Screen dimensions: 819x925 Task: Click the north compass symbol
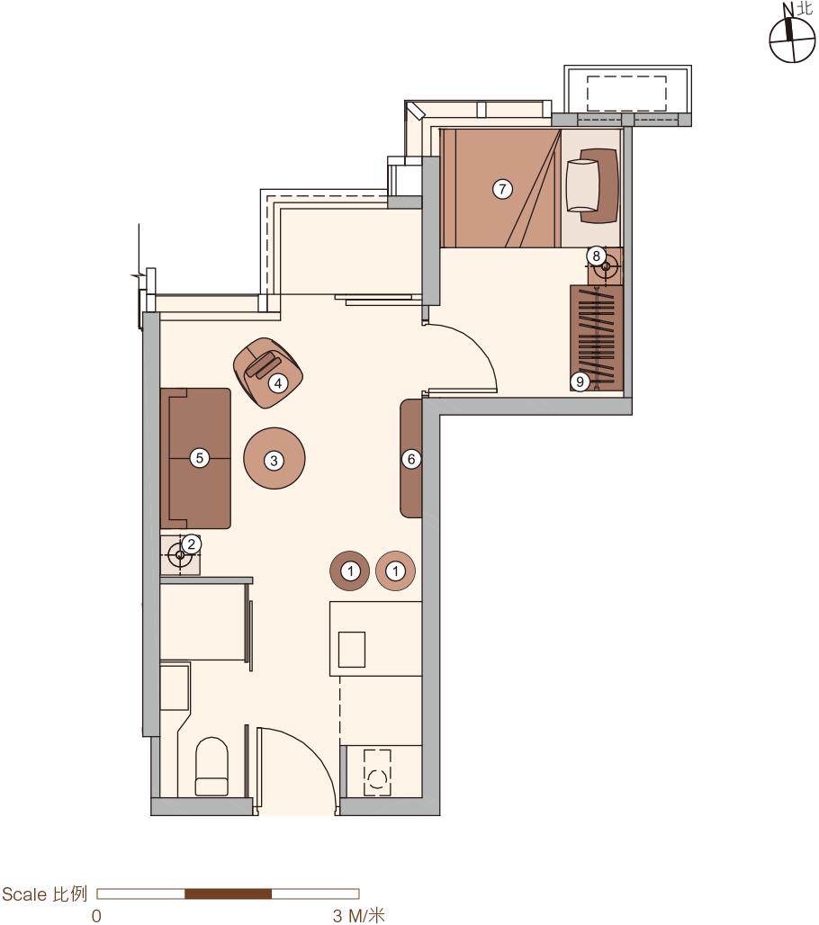pos(792,39)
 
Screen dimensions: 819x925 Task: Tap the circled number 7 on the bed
pos(502,189)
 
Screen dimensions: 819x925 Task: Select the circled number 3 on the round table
pos(274,461)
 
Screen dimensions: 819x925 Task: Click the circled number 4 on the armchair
pos(278,383)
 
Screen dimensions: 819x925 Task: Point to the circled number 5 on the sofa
pos(200,458)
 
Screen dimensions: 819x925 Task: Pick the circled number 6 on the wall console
pos(411,459)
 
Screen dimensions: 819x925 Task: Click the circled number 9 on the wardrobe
pos(580,382)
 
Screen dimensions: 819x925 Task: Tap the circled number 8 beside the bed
pos(596,256)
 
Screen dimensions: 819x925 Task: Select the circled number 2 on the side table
pos(191,543)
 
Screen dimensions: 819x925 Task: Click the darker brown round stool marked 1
pos(350,571)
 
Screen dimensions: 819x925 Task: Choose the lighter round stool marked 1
pos(395,571)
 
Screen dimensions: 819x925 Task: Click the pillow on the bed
pos(582,185)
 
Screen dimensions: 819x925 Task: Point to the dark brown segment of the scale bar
pos(229,894)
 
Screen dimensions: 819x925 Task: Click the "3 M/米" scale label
pos(359,916)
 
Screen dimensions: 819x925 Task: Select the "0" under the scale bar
pos(96,916)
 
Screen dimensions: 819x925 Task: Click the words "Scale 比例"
pos(45,894)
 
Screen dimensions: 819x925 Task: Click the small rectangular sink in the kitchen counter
pos(352,650)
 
